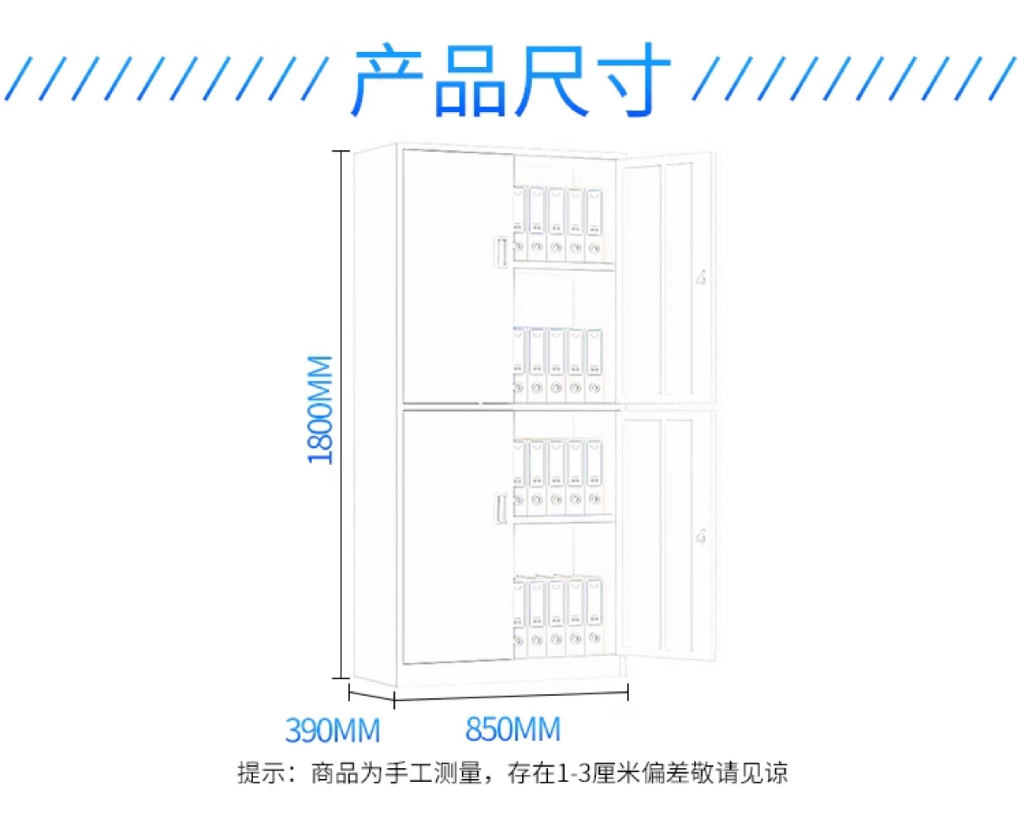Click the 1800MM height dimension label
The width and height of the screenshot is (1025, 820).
[x=320, y=410]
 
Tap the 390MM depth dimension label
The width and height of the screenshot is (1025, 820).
[x=332, y=730]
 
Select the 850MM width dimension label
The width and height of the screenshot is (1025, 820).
[x=512, y=729]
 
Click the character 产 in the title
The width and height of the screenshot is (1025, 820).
[x=387, y=80]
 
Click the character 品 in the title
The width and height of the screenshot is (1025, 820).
[x=470, y=80]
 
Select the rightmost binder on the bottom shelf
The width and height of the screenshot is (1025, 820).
[x=594, y=617]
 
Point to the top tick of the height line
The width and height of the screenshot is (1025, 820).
[x=341, y=151]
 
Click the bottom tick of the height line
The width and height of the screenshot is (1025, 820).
[x=341, y=678]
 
